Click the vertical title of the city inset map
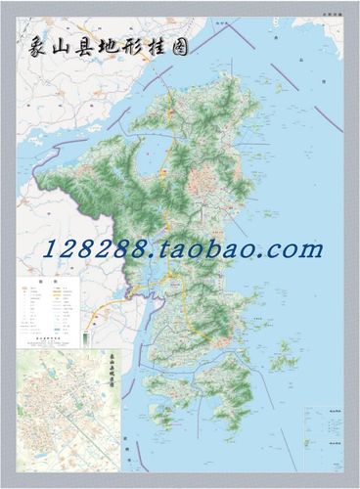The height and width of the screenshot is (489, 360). pyautogui.click(x=113, y=373)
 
